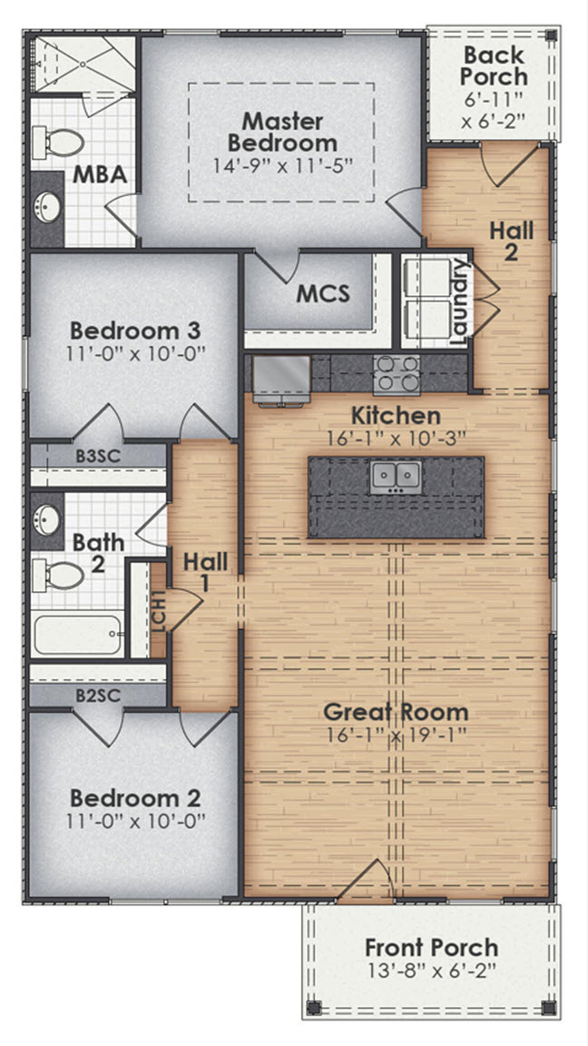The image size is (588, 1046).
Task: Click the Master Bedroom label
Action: click(x=282, y=132)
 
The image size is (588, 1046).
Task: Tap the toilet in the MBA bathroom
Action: click(x=64, y=142)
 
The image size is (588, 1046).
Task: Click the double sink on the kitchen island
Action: click(x=395, y=475)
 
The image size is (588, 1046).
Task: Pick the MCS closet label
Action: click(x=323, y=294)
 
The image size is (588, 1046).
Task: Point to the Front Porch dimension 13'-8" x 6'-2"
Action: click(x=431, y=970)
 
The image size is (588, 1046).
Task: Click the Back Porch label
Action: click(x=495, y=64)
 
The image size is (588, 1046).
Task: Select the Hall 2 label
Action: click(x=511, y=241)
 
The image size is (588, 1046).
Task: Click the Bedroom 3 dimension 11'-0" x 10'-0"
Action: click(x=136, y=353)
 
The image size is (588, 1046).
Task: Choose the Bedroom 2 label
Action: click(x=135, y=798)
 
